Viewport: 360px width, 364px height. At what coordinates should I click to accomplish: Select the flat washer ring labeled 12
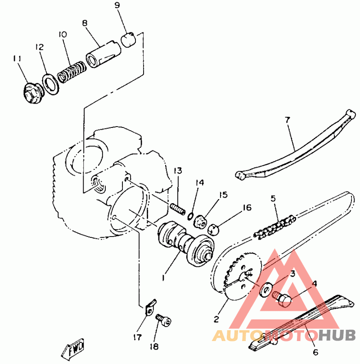click(x=50, y=84)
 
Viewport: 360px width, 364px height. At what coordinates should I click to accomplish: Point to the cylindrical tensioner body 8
click(x=103, y=55)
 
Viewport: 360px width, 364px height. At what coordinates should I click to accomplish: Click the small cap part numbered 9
click(x=128, y=40)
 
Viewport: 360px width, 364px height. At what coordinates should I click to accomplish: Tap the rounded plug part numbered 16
click(x=214, y=230)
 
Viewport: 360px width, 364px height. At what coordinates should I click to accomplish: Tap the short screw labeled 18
click(x=163, y=320)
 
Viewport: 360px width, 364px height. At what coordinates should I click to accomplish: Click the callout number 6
click(x=316, y=352)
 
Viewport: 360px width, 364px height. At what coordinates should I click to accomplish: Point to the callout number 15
click(x=223, y=195)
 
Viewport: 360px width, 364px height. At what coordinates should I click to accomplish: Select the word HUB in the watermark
click(x=337, y=335)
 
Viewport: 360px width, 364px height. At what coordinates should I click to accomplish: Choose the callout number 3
click(x=293, y=273)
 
